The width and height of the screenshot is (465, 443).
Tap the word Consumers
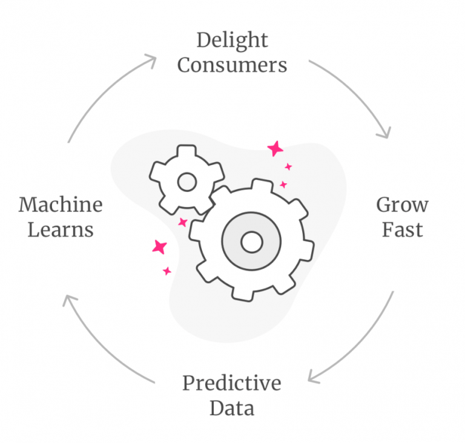(x=232, y=65)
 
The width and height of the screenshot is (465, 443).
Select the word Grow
(x=402, y=205)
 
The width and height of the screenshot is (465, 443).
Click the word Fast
(x=402, y=229)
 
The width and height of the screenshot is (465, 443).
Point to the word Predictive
(x=232, y=383)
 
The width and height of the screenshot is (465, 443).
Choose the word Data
(x=232, y=407)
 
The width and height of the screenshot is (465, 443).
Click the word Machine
(x=61, y=205)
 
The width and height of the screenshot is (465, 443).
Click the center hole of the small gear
(x=186, y=182)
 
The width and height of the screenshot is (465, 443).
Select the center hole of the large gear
(x=251, y=243)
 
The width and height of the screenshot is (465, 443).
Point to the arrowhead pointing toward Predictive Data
(x=313, y=376)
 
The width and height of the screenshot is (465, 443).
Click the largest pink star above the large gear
(x=275, y=148)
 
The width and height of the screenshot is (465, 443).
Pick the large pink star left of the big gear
(x=160, y=246)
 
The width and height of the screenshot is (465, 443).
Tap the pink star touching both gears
(x=182, y=222)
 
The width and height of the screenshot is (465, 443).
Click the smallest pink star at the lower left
(x=167, y=271)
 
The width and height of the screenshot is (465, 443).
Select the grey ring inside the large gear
(x=233, y=243)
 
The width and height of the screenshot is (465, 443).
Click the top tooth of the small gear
(x=186, y=150)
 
